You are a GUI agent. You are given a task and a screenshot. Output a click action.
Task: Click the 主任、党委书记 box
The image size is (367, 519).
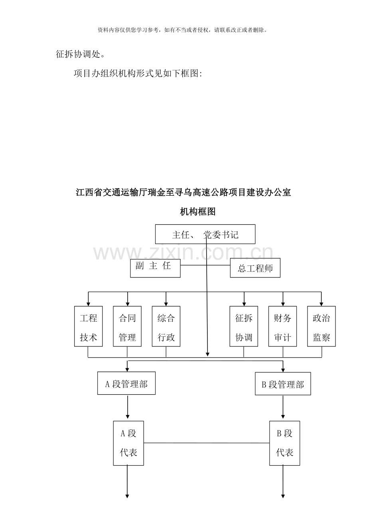point(205,234)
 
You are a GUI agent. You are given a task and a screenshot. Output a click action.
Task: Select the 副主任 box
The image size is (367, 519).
point(155,268)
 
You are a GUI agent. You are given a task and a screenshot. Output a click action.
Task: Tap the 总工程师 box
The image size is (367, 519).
point(255,268)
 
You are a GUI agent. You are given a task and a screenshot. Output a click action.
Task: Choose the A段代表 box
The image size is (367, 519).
point(128,443)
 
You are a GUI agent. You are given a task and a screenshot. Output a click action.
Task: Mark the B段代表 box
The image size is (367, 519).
point(284,443)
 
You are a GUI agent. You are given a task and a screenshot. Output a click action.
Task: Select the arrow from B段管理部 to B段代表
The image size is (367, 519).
point(283,407)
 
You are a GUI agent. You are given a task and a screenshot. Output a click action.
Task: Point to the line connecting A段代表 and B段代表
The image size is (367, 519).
point(207,443)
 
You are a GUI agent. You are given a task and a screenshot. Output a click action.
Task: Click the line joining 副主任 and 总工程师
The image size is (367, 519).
point(205,265)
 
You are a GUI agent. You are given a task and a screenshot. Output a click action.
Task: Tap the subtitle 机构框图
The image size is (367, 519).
point(198,212)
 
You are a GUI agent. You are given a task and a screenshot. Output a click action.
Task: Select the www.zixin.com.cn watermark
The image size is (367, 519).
point(183,253)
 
